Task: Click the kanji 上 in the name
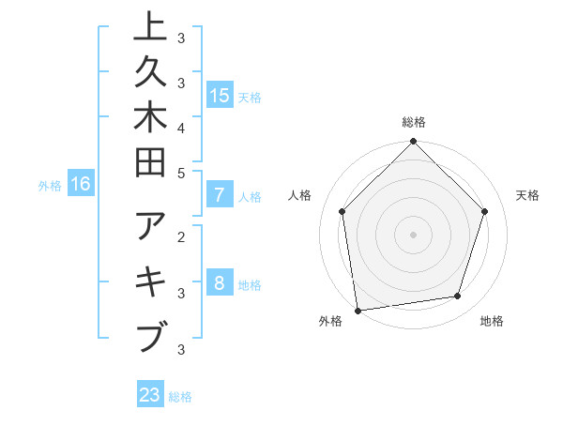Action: click(x=150, y=28)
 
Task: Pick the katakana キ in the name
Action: click(x=150, y=282)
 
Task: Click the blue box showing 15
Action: click(x=219, y=95)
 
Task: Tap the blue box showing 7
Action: click(x=219, y=196)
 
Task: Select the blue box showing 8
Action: click(x=219, y=284)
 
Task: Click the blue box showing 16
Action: click(x=81, y=184)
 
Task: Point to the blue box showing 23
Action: click(x=150, y=395)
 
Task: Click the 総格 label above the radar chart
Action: click(x=414, y=122)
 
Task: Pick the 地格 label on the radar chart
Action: click(x=492, y=321)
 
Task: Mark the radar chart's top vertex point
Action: click(x=414, y=143)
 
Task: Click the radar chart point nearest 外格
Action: click(x=358, y=310)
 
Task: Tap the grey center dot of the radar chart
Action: click(x=414, y=234)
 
